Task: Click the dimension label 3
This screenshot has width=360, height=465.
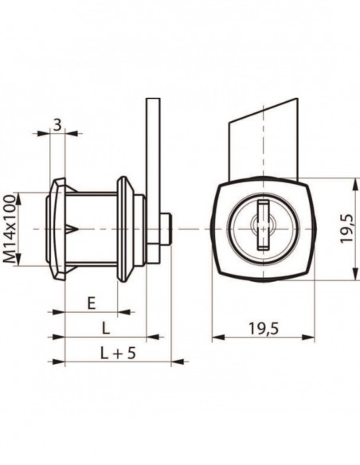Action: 57,125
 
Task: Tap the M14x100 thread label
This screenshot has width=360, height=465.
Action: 10,229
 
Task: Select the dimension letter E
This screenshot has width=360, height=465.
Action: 92,303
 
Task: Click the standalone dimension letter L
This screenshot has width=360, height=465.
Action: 106,328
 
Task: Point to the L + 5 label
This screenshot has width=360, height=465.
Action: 118,354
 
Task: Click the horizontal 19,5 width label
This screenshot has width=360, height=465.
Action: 264,329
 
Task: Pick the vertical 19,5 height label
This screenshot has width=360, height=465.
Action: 346,229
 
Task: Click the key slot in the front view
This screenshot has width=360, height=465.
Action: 264,224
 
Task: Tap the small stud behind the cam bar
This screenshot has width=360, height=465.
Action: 166,229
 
